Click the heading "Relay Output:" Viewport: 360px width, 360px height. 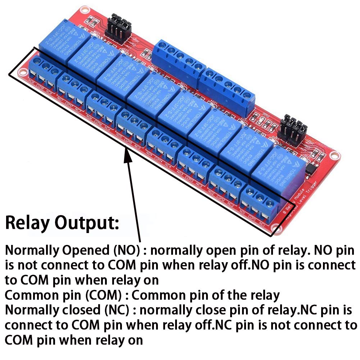click(62, 223)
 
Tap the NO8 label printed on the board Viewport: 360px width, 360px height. click(32, 86)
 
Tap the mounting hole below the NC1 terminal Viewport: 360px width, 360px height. click(277, 228)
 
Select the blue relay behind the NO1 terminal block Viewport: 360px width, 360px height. click(273, 169)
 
